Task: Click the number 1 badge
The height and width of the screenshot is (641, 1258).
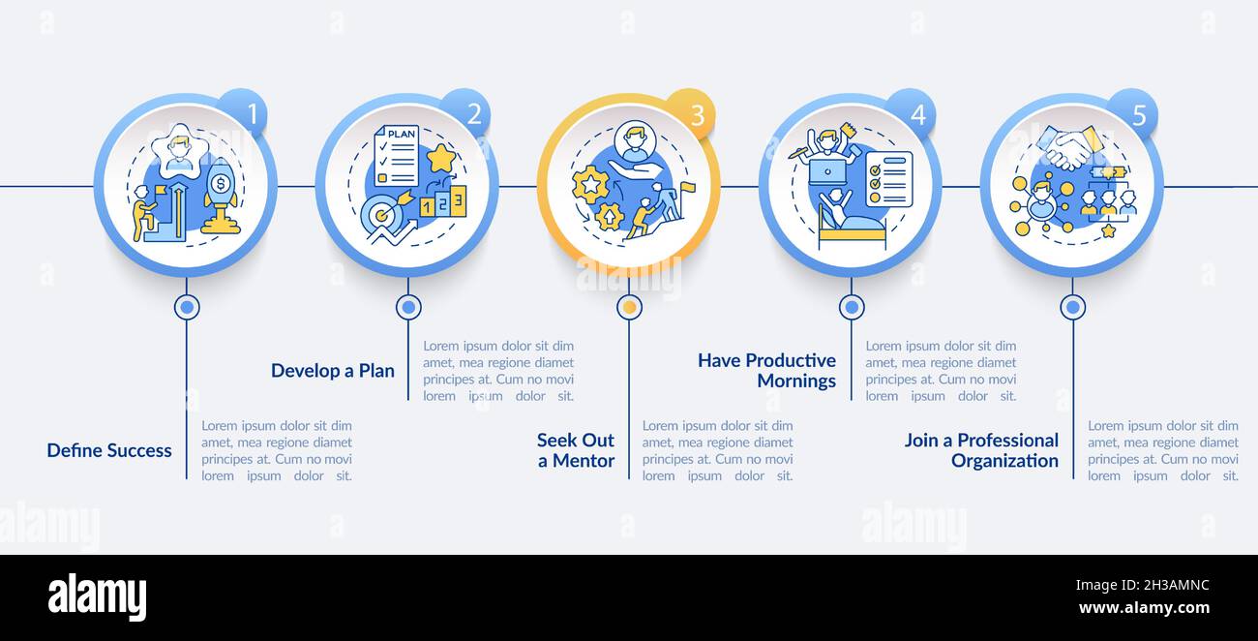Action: tap(251, 114)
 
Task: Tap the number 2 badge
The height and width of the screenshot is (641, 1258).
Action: tap(473, 114)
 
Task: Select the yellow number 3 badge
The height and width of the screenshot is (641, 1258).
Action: tap(695, 114)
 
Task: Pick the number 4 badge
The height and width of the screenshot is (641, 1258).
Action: tap(916, 115)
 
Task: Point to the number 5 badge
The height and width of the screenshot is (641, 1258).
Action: tap(1138, 115)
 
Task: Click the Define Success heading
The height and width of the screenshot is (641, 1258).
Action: tap(109, 450)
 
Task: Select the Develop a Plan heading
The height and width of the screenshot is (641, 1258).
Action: tap(333, 371)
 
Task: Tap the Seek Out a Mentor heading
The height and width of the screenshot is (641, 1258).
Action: tap(576, 450)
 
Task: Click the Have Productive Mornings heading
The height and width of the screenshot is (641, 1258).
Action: tap(766, 371)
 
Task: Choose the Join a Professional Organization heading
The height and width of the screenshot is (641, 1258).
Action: tap(981, 450)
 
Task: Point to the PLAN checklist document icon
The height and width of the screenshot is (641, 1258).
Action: tap(396, 155)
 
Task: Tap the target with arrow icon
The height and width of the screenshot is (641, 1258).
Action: tap(381, 219)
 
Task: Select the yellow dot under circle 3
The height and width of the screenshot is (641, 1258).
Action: tap(629, 308)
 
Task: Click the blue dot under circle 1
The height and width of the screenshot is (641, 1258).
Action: tap(187, 308)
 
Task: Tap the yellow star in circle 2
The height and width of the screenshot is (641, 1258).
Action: tap(441, 157)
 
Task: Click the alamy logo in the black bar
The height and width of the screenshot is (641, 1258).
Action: tap(97, 596)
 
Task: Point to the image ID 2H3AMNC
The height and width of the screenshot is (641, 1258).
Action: tap(1143, 585)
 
